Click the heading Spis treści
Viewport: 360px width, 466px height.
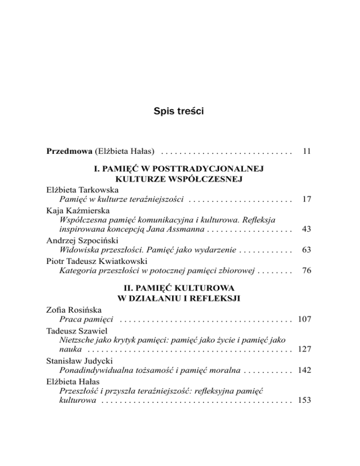(x=180, y=112)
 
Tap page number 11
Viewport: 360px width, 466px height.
(x=307, y=151)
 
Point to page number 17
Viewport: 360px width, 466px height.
(x=307, y=199)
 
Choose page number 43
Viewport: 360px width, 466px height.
(x=307, y=230)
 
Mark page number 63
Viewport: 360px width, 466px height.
(x=307, y=250)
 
